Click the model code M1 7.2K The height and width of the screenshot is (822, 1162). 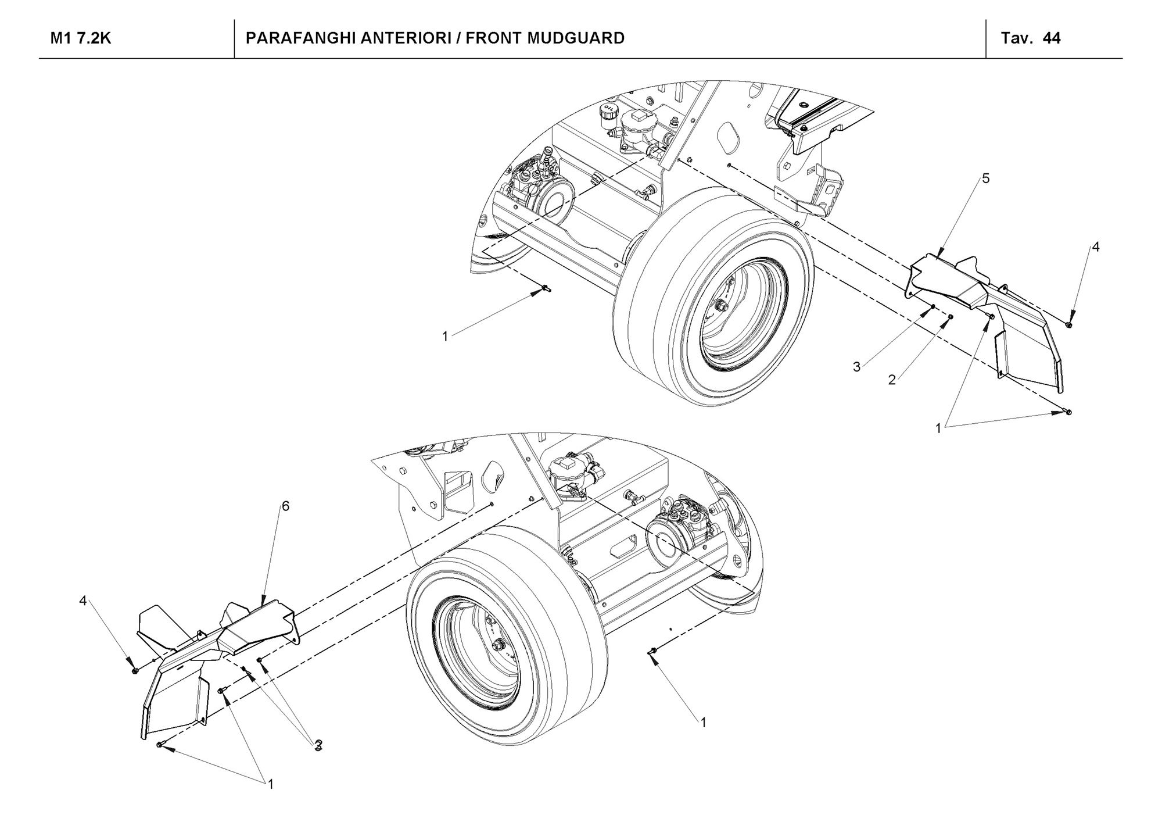point(81,38)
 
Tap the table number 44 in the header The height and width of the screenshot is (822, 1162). point(1052,38)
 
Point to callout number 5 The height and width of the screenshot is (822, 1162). point(986,178)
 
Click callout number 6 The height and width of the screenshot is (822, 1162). point(285,506)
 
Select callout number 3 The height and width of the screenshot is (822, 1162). point(856,367)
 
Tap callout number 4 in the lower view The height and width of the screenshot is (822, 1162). point(83,601)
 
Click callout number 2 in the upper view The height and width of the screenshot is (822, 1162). point(892,381)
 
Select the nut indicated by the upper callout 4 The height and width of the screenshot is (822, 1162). point(1069,324)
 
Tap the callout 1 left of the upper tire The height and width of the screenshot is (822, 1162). point(445,336)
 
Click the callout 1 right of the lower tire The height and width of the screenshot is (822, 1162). point(704,723)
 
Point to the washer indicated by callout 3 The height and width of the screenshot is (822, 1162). point(932,306)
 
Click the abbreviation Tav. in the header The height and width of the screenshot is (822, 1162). point(1016,38)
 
